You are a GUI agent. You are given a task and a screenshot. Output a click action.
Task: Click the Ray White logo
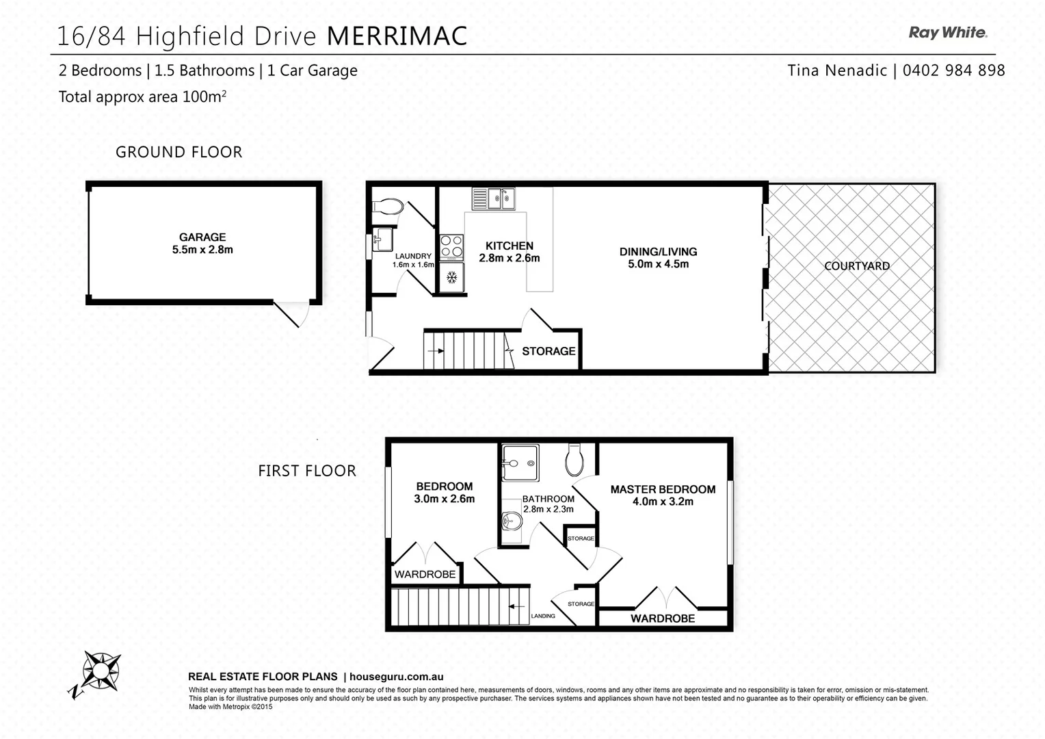(947, 33)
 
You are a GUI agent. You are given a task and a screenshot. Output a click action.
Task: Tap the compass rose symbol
(101, 671)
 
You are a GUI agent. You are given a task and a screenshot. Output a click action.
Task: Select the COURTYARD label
(856, 266)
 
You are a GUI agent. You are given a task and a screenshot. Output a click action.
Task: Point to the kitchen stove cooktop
(451, 247)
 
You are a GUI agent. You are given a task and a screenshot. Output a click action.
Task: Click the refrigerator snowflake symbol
(451, 278)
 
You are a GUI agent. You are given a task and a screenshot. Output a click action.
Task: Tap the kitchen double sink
(494, 199)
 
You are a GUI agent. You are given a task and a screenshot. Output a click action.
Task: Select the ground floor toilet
(388, 207)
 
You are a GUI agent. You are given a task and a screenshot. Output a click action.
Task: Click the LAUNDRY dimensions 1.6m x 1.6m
(413, 265)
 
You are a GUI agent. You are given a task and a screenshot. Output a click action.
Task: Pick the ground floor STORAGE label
(548, 351)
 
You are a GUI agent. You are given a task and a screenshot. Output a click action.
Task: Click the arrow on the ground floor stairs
(435, 351)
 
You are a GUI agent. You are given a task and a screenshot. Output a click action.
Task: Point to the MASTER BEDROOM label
(663, 489)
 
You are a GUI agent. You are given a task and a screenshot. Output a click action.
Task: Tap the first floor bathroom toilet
(574, 460)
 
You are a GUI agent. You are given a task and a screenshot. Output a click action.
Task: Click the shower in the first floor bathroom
(520, 463)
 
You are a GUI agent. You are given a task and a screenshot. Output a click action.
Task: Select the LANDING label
(543, 616)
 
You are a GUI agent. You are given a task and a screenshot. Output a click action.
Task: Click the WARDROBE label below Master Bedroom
(662, 619)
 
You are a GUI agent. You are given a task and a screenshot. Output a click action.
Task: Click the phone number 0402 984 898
(953, 70)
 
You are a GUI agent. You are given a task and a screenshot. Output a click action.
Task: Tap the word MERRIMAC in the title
(397, 36)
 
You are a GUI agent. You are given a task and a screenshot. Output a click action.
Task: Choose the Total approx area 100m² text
(142, 97)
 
